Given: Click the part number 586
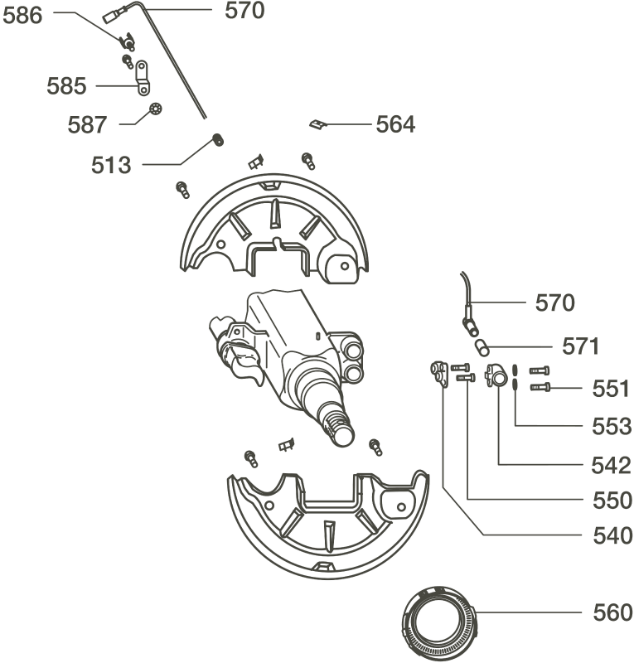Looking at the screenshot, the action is click(22, 16).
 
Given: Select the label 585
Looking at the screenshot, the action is click(66, 86).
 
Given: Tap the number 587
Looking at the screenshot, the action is click(87, 125).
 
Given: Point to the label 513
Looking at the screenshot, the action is click(111, 165).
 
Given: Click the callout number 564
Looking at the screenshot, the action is click(396, 124).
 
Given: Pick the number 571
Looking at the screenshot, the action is click(580, 346).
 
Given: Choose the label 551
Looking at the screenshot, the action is click(611, 389).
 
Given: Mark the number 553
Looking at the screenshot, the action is click(612, 426).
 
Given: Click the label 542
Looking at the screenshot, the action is click(611, 466).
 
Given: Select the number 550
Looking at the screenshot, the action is click(612, 501).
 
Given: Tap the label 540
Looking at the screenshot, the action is click(612, 535).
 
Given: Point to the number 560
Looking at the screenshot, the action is click(612, 612).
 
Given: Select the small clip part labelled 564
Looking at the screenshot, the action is click(317, 124).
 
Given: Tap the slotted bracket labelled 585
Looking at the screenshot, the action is click(143, 78).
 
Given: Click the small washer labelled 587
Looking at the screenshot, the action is click(156, 109).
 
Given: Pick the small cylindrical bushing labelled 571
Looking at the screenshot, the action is click(482, 347).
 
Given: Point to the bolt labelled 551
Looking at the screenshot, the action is click(540, 386).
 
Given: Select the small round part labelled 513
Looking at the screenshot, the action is click(217, 139).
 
